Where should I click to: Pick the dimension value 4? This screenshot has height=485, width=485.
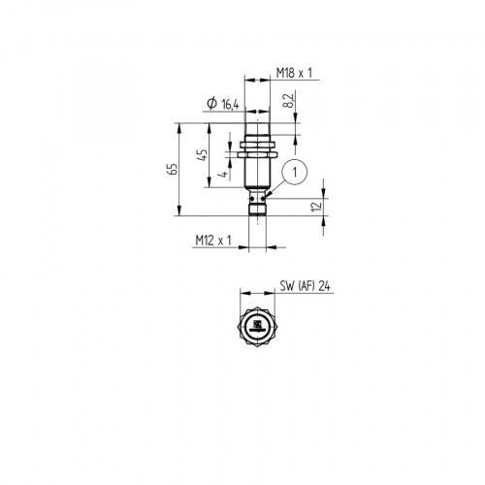coord(222,175)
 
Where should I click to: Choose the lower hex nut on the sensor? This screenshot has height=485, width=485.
coord(259,153)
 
